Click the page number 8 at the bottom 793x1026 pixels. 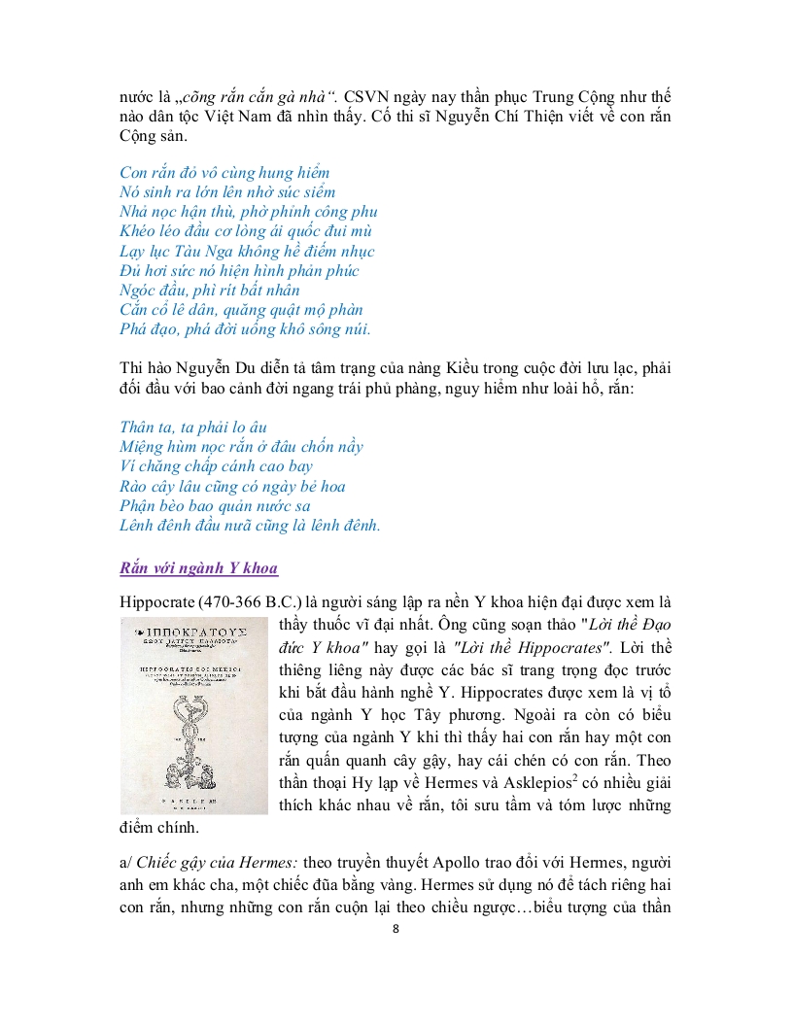coord(396,928)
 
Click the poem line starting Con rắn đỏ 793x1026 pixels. coord(224,173)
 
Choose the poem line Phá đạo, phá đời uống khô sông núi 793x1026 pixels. coord(245,329)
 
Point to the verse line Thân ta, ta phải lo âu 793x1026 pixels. coord(192,427)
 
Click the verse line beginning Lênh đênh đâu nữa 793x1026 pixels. coord(250,526)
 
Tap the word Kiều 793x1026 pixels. coord(465,369)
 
